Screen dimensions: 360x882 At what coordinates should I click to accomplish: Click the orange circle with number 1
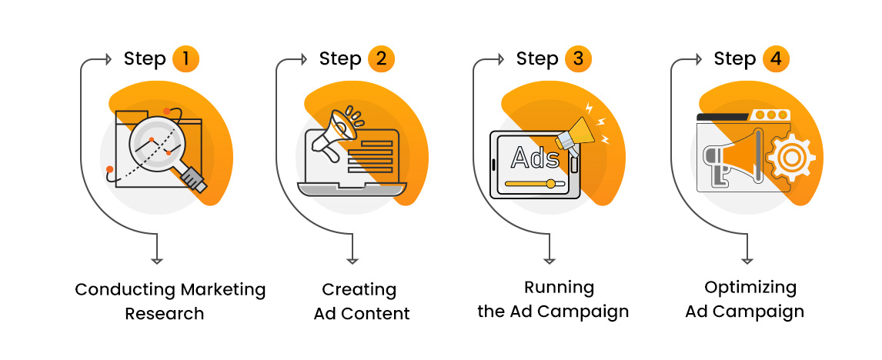[185, 59]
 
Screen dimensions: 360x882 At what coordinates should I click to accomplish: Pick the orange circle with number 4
[776, 59]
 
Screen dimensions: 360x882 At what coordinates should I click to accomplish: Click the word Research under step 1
[165, 314]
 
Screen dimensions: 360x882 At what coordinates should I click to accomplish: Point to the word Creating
[359, 290]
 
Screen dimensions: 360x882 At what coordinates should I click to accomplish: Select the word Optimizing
[750, 288]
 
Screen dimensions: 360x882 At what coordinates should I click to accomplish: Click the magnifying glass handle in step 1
[193, 178]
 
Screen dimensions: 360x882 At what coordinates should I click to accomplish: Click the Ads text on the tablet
[530, 158]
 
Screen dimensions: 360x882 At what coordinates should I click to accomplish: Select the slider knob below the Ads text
[550, 184]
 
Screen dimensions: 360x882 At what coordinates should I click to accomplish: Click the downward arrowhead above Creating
[353, 260]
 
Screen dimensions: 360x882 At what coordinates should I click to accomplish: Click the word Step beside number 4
[735, 59]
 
